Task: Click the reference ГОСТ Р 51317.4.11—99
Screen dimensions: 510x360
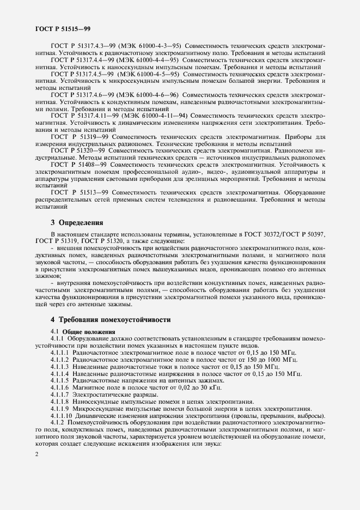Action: [x=81, y=116]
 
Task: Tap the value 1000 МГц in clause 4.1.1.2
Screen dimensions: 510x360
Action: [x=279, y=359]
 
